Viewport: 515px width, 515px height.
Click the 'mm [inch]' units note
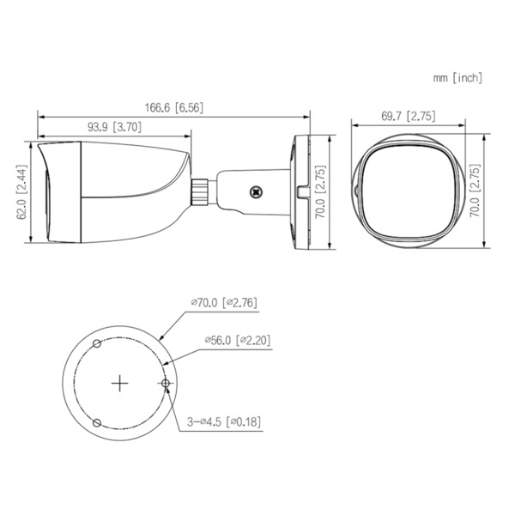[x=457, y=77]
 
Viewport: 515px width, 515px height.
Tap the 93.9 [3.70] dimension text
[x=114, y=127]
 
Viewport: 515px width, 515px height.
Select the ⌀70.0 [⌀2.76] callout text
[x=223, y=302]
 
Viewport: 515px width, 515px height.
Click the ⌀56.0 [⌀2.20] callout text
[x=237, y=341]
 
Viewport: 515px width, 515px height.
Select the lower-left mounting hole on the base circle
[x=98, y=422]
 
